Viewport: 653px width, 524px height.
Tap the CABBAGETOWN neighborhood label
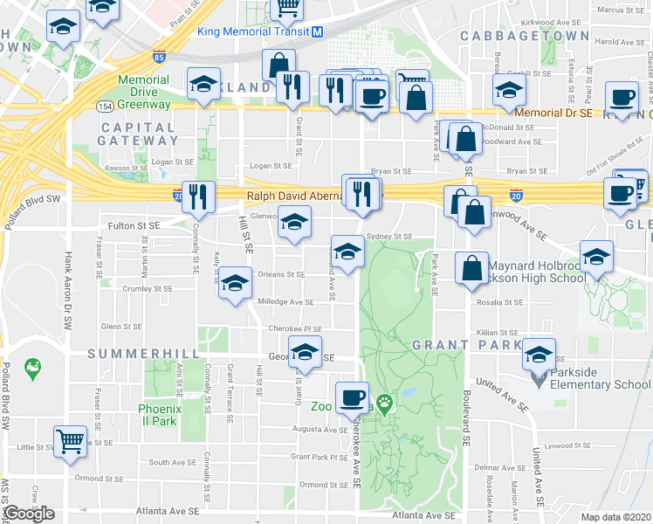tap(524, 35)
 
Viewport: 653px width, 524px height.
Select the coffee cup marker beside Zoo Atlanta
tap(353, 397)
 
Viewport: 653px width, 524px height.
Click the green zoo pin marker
tap(384, 405)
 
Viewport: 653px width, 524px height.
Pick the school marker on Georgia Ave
tap(306, 354)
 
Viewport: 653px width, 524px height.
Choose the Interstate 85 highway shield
tap(158, 58)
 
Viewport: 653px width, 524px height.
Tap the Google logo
tap(28, 514)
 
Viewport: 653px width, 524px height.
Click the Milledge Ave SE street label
tap(285, 302)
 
